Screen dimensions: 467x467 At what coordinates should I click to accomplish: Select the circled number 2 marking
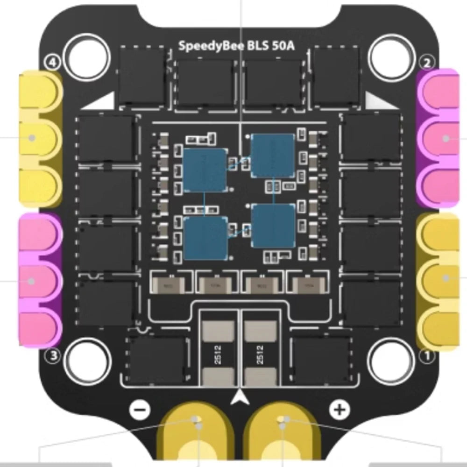tap(427, 62)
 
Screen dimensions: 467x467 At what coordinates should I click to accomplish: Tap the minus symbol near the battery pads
tap(140, 410)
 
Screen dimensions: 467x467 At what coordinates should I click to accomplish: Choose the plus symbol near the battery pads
tap(340, 410)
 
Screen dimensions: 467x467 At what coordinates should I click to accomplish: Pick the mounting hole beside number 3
tap(85, 360)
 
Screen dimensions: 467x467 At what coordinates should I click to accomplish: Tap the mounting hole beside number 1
tap(389, 360)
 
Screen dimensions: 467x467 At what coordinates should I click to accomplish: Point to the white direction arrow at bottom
tap(240, 397)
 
